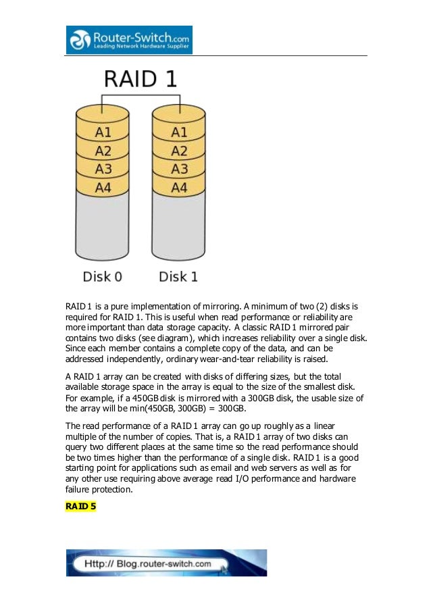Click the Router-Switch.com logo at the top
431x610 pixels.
point(129,40)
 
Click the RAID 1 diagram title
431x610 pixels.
point(140,80)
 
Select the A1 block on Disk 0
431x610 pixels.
point(103,132)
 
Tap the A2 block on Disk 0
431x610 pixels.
point(103,151)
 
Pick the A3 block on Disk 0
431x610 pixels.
point(103,169)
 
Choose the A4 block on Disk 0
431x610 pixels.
point(103,187)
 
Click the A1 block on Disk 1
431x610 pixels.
point(179,132)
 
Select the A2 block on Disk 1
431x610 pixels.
point(179,151)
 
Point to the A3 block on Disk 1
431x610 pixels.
point(179,169)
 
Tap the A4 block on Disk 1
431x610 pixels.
point(179,187)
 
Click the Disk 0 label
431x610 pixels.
point(103,277)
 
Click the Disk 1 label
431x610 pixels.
point(178,277)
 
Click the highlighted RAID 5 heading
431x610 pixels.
point(80,506)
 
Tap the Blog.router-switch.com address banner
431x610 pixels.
point(166,563)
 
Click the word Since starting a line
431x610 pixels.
point(76,347)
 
